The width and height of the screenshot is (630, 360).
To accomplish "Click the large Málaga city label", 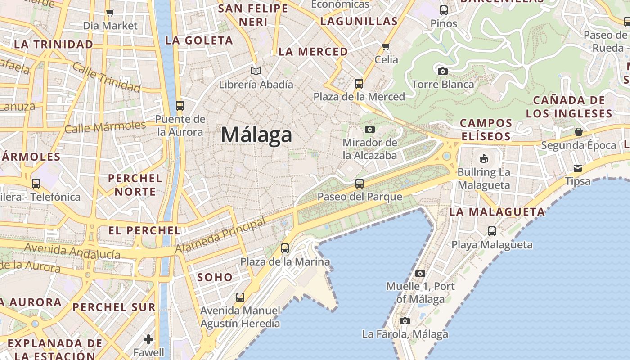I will coord(256,135).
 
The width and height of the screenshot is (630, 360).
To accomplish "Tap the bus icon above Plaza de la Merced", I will coord(359,83).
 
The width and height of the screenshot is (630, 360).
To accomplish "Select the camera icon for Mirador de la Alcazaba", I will coord(370,130).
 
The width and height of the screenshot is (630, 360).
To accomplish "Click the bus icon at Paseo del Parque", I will coord(359,183).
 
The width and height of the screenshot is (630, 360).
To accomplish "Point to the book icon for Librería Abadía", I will coord(256,71).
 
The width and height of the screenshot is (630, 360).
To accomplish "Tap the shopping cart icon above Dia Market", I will coord(110,13).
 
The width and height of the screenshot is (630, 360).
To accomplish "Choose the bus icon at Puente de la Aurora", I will coord(180,106).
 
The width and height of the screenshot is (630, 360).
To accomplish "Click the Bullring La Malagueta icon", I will coord(484,158).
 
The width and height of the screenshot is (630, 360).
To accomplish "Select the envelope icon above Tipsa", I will coord(577,168).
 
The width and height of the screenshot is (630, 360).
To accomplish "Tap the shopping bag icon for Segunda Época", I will coord(578,132).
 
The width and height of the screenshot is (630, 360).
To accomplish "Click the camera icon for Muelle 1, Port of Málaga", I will coord(420,273).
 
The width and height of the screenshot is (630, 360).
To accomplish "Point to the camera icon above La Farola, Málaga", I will coord(405,321).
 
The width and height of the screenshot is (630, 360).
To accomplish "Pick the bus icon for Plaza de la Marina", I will coord(284,248).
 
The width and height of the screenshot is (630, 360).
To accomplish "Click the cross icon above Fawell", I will coord(148,339).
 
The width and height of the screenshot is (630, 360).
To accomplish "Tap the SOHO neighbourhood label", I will coord(215,277).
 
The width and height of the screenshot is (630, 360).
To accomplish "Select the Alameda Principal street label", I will coord(220,236).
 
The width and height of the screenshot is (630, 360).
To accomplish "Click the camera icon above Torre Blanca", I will coord(442,71).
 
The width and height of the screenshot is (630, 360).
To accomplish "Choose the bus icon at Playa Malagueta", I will coord(492,231).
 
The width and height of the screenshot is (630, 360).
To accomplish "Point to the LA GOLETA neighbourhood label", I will coord(199,40).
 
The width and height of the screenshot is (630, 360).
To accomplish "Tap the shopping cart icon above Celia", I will coord(386,46).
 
